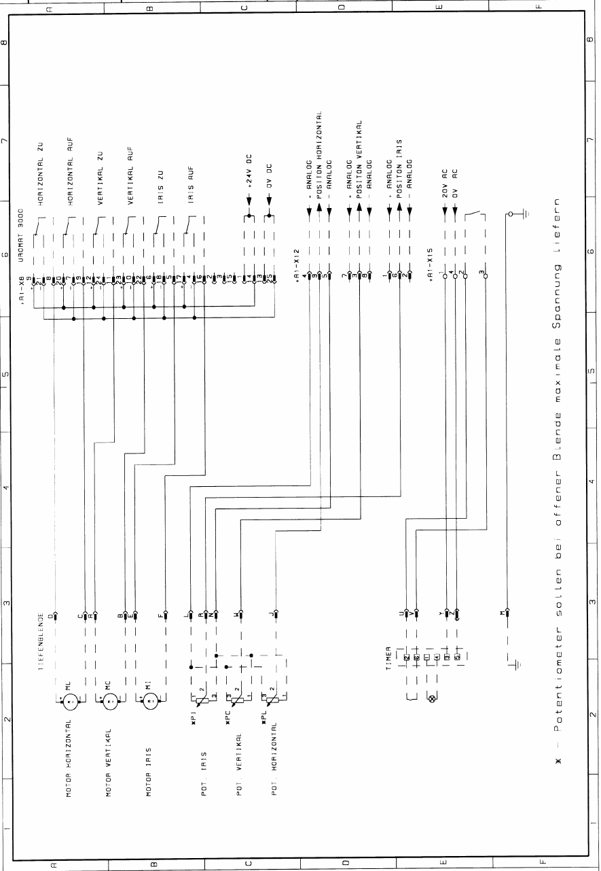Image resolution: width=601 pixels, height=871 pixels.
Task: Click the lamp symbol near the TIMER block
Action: (429, 698)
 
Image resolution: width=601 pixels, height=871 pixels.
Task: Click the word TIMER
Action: (388, 657)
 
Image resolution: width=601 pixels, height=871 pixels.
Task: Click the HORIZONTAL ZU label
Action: (41, 174)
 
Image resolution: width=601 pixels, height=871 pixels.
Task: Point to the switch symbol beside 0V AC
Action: (475, 216)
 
